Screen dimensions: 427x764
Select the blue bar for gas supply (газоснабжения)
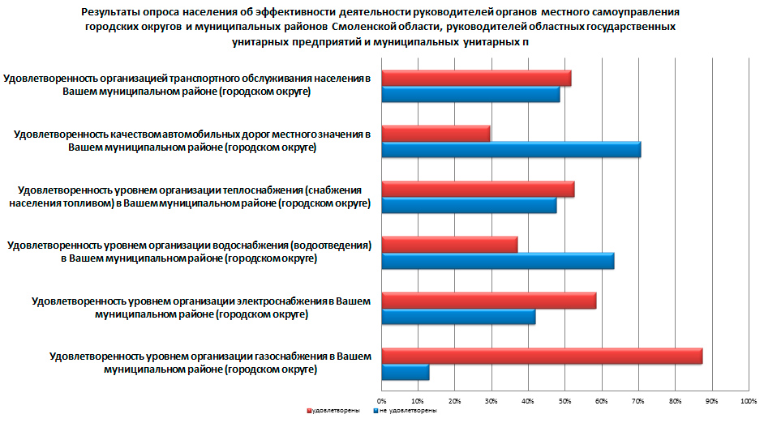tap(406, 373)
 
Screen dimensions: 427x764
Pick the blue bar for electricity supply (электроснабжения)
tap(458, 318)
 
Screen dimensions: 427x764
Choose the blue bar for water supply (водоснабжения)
tap(498, 262)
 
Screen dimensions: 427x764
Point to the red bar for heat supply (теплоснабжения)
tap(478, 190)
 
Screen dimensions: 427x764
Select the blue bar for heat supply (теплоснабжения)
tap(469, 206)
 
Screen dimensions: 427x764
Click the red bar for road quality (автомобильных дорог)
tap(436, 134)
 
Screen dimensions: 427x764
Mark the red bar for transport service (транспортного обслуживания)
tap(476, 79)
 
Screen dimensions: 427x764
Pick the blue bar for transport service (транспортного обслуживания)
tap(470, 95)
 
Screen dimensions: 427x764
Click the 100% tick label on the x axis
tap(747, 400)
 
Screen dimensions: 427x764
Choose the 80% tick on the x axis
tap(675, 400)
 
